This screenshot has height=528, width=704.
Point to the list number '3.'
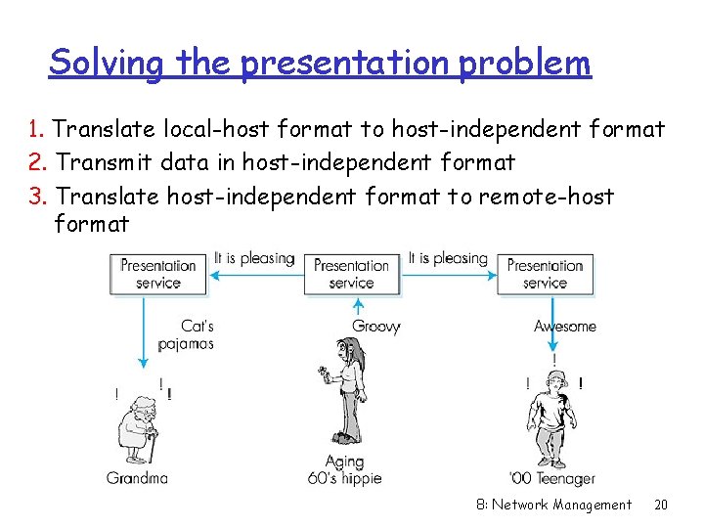39,196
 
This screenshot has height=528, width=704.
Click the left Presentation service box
158,274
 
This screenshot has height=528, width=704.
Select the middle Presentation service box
352,274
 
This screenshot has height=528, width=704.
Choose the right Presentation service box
545,274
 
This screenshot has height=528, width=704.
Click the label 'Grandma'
138,478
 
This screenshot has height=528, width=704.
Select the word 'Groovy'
376,327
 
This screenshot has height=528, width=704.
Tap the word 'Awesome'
564,327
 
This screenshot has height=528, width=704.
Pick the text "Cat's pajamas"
192,334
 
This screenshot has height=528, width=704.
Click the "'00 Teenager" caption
552,478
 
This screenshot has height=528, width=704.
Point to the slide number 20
661,505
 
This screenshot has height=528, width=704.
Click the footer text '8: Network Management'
553,505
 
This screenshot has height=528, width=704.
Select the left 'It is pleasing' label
254,258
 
